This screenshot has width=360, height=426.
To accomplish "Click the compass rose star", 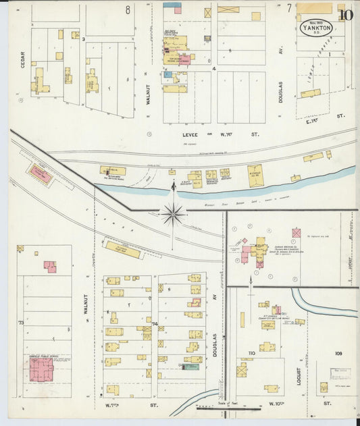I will [174, 214].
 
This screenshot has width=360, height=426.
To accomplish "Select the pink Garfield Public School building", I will [41, 369].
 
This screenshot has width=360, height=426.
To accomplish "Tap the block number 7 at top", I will [289, 8].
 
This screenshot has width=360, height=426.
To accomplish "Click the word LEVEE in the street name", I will [192, 134].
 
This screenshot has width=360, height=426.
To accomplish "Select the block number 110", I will [251, 353].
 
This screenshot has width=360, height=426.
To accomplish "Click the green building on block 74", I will [192, 367].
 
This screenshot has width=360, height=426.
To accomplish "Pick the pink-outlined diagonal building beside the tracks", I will [40, 176].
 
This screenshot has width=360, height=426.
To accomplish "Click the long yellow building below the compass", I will [122, 250].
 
